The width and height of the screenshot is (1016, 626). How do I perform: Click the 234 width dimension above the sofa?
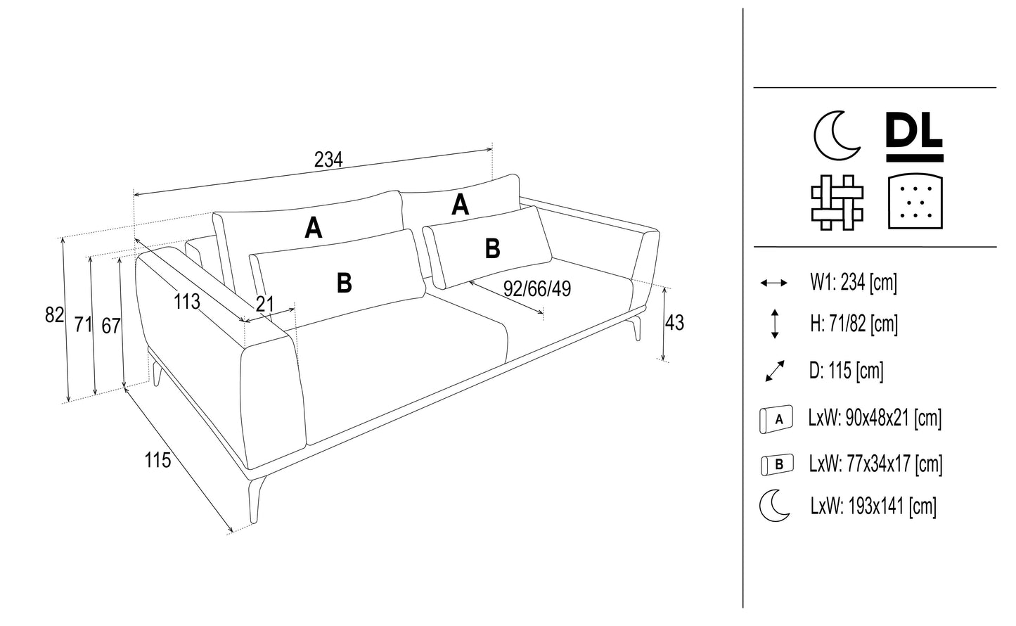pyautogui.click(x=328, y=160)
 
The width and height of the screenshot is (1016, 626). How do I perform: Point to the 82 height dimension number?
pyautogui.click(x=54, y=315)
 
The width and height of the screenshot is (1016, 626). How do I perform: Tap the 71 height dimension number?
pyautogui.click(x=83, y=324)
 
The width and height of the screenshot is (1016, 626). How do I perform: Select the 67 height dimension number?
pyautogui.click(x=110, y=326)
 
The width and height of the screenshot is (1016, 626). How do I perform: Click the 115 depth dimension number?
pyautogui.click(x=157, y=460)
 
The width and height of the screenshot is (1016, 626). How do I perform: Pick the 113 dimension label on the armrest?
pyautogui.click(x=187, y=302)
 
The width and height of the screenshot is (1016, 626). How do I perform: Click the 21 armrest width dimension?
pyautogui.click(x=264, y=304)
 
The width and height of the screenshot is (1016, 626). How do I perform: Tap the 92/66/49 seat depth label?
pyautogui.click(x=537, y=288)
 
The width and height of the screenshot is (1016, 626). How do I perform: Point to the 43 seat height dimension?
pyautogui.click(x=674, y=323)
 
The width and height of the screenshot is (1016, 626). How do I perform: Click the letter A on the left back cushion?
pyautogui.click(x=314, y=228)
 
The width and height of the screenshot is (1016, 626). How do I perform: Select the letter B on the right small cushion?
pyautogui.click(x=493, y=248)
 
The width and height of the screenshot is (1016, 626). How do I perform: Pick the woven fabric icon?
pyautogui.click(x=837, y=202)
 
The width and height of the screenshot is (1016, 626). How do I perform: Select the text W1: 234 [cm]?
pyautogui.click(x=854, y=283)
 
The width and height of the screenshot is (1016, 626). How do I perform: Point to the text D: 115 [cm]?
pyautogui.click(x=846, y=371)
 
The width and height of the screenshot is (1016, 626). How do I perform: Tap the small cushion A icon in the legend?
pyautogui.click(x=776, y=419)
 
